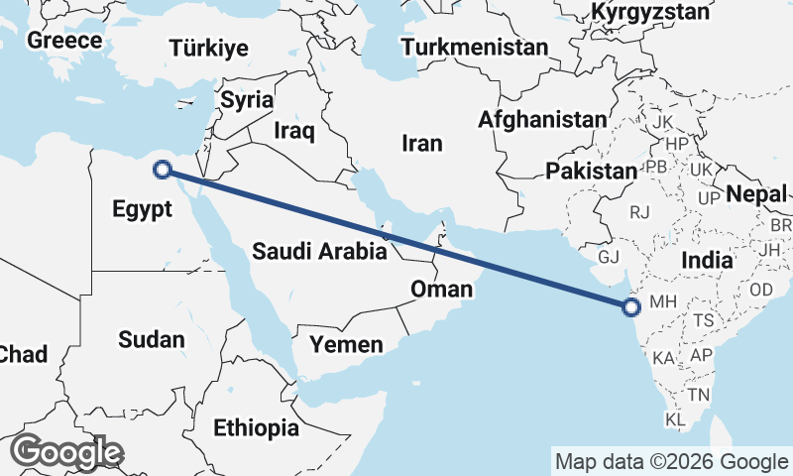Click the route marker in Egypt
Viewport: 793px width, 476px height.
coord(163,170)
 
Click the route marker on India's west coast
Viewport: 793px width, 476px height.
coord(631,307)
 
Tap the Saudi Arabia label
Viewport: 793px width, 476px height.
coord(318,251)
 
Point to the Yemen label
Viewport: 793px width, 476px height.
coord(346,344)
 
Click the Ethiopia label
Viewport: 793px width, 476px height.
coord(256,427)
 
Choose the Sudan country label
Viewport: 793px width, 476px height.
coord(151,340)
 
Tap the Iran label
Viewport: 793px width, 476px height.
coord(422,143)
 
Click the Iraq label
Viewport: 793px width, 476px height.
coord(293,130)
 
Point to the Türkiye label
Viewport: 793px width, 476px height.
coord(208,49)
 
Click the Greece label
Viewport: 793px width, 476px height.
coord(64,41)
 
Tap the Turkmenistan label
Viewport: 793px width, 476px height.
coord(475,47)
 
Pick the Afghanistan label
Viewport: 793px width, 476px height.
coord(541,120)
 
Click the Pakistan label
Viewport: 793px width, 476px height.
coord(591,171)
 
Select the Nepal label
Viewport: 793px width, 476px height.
coord(756,194)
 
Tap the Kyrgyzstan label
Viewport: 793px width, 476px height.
coord(650,12)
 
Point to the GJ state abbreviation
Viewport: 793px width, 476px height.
coord(609,258)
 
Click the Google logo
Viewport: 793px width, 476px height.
coord(66,452)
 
